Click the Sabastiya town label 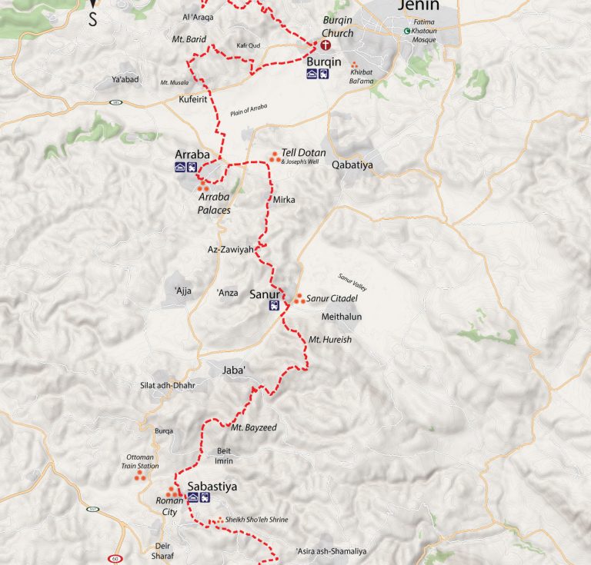click(x=212, y=487)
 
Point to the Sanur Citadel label click(x=333, y=298)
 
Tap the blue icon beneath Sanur click(x=273, y=305)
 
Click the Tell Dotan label click(x=304, y=153)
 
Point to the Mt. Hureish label click(x=330, y=339)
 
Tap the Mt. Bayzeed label click(x=254, y=427)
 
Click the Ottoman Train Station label click(x=142, y=461)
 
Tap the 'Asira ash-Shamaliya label click(x=332, y=551)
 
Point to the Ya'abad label click(x=124, y=80)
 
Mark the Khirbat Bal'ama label click(x=367, y=75)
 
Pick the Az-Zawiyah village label click(x=230, y=249)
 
